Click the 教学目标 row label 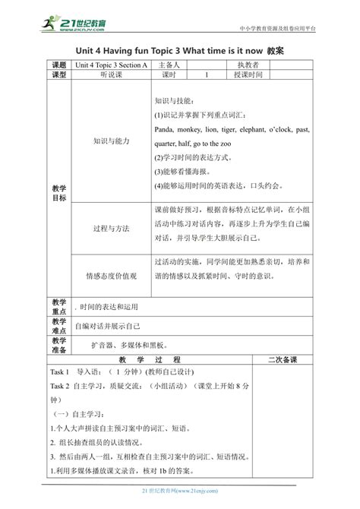pos(59,192)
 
